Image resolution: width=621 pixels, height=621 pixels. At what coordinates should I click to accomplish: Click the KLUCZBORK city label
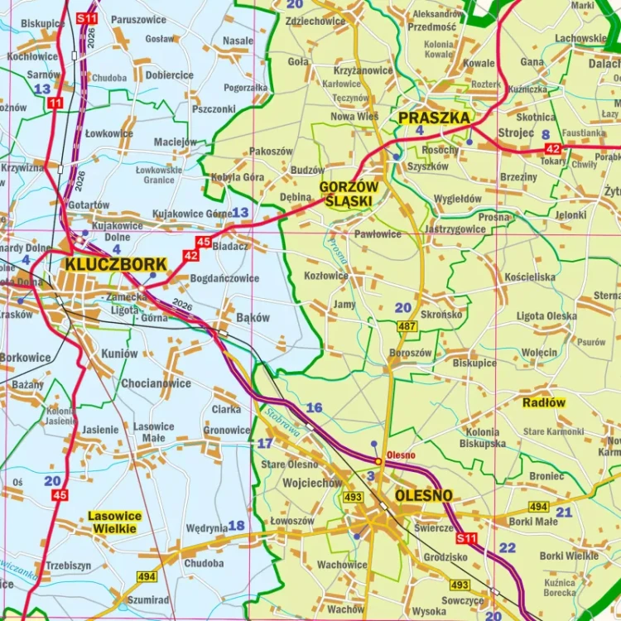[x=116, y=264]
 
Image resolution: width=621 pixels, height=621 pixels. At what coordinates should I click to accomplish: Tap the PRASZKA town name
[x=434, y=118]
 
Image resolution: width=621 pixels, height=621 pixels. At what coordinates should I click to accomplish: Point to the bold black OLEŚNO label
[x=424, y=495]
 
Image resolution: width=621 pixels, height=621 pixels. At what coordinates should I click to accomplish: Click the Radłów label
[x=544, y=402]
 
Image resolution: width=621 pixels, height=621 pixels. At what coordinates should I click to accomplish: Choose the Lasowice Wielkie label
[x=115, y=522]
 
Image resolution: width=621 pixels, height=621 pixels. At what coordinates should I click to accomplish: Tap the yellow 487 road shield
[x=407, y=326]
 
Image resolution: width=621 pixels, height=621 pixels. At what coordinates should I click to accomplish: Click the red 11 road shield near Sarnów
[x=55, y=103]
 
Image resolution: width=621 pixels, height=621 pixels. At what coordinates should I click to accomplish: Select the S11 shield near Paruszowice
[x=86, y=17]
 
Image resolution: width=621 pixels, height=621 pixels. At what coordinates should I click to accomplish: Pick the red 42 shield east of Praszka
[x=553, y=148]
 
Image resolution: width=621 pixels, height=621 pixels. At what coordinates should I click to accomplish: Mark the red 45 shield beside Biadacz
[x=204, y=242]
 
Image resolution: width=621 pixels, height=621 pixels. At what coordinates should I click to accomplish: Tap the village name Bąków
[x=253, y=317]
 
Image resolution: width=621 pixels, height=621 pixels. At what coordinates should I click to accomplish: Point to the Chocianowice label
[x=156, y=383]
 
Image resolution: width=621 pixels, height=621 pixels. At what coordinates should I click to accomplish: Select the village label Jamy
[x=344, y=304]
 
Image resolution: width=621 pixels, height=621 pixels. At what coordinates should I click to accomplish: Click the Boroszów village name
[x=410, y=353]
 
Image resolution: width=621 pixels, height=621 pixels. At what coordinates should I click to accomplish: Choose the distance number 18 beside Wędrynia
[x=236, y=526]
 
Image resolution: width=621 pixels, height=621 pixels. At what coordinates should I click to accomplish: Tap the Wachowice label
[x=342, y=565]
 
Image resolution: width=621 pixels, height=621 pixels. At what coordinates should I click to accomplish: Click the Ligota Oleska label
[x=546, y=316]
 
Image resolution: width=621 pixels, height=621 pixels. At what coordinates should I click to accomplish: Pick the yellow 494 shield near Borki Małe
[x=538, y=506]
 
